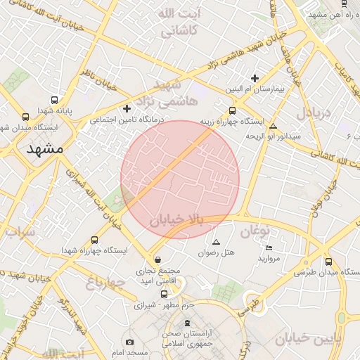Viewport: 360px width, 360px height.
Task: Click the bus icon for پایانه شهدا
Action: pyautogui.click(x=55, y=100)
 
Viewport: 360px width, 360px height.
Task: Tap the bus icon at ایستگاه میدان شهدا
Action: pyautogui.click(x=26, y=117)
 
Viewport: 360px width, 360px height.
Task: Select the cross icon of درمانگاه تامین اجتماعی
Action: pyautogui.click(x=127, y=108)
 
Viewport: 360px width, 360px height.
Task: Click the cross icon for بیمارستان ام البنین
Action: pyautogui.click(x=255, y=79)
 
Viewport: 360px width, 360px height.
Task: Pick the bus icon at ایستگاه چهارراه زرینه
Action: pyautogui.click(x=233, y=110)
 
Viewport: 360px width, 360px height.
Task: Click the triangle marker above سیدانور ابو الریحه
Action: pyautogui.click(x=274, y=126)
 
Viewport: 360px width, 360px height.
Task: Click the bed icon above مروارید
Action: pyautogui.click(x=269, y=247)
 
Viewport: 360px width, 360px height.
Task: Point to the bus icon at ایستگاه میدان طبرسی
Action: pyautogui.click(x=328, y=262)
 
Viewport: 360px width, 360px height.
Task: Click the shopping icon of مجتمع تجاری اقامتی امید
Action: pyautogui.click(x=157, y=259)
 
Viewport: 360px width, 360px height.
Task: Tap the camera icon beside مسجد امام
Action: pyautogui.click(x=129, y=342)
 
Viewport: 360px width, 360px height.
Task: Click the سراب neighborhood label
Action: pyautogui.click(x=20, y=232)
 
